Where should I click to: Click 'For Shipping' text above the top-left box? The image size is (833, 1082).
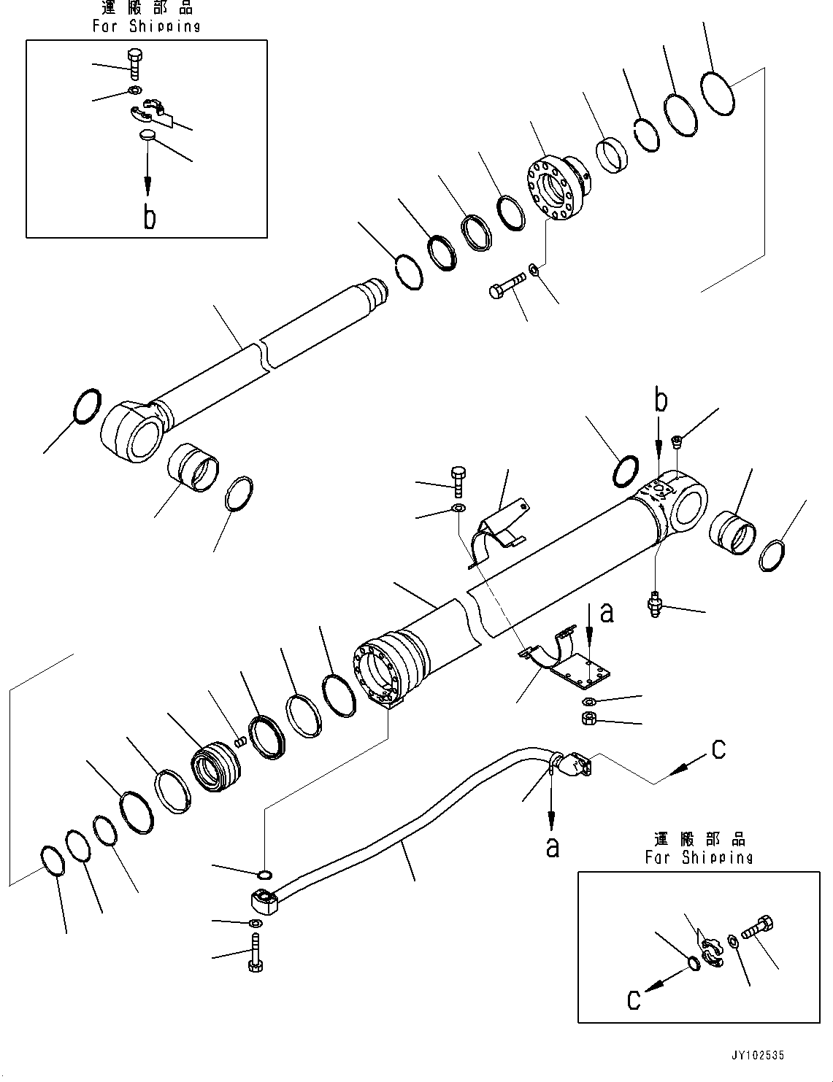[x=146, y=26]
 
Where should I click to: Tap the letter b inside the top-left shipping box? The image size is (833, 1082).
[x=149, y=217]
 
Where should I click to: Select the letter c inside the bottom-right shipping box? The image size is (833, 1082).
[x=634, y=999]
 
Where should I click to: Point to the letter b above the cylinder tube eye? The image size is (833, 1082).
[x=660, y=401]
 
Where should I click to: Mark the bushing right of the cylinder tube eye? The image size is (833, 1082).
[x=733, y=532]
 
